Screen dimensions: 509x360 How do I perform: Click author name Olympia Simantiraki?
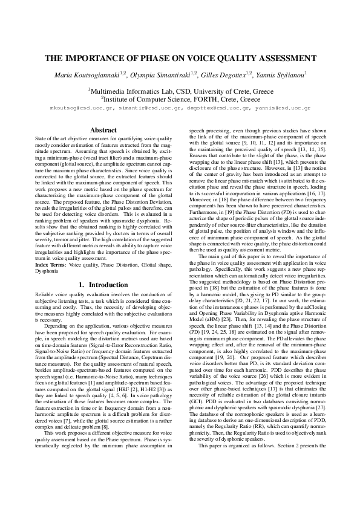163,75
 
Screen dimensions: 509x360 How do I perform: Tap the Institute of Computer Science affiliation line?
180,99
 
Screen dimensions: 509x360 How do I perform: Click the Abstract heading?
103,130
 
